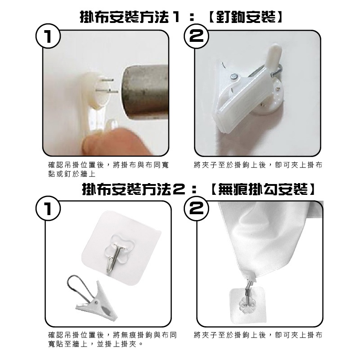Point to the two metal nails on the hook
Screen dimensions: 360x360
coord(107,86)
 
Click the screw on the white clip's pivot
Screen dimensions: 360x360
coord(234,76)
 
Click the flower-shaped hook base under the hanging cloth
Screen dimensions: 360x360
coord(246,304)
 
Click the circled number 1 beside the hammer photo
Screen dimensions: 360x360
coord(48,36)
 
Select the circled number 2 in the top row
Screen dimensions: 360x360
coord(197,36)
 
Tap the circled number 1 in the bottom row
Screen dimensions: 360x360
coord(48,208)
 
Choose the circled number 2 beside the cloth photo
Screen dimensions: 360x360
coord(197,208)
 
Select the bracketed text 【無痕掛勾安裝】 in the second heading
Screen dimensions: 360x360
coord(262,190)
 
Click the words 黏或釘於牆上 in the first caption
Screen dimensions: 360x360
coord(72,174)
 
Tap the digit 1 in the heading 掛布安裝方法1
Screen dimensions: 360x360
coord(176,17)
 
